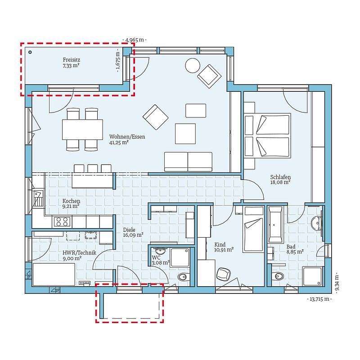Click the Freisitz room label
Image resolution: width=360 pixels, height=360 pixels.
tap(72, 60)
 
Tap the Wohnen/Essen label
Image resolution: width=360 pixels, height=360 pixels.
tap(127, 137)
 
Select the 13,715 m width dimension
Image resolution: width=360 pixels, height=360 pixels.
tap(319, 299)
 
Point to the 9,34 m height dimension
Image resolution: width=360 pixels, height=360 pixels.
tap(337, 281)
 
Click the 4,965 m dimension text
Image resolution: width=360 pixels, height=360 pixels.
tap(135, 40)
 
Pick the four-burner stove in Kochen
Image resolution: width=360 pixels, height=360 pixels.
tap(62, 221)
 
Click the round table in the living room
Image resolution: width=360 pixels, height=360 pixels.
tap(193, 66)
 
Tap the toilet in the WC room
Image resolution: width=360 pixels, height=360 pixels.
tap(184, 278)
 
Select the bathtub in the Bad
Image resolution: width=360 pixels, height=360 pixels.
tap(275, 225)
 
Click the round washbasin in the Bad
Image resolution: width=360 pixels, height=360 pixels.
tap(317, 223)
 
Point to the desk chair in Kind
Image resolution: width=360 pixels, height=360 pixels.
tap(223, 274)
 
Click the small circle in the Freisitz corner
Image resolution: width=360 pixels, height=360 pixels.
tap(30, 52)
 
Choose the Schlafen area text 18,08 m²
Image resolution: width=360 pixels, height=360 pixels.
tap(280, 183)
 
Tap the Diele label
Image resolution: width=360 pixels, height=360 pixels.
tap(129, 230)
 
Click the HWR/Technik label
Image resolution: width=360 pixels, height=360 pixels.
tap(80, 253)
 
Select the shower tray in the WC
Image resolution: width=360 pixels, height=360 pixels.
tap(180, 257)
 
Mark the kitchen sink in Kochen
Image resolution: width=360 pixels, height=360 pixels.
tap(38, 198)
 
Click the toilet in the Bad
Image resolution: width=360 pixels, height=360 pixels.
tap(277, 276)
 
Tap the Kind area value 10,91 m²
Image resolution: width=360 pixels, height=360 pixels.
tap(224, 250)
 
